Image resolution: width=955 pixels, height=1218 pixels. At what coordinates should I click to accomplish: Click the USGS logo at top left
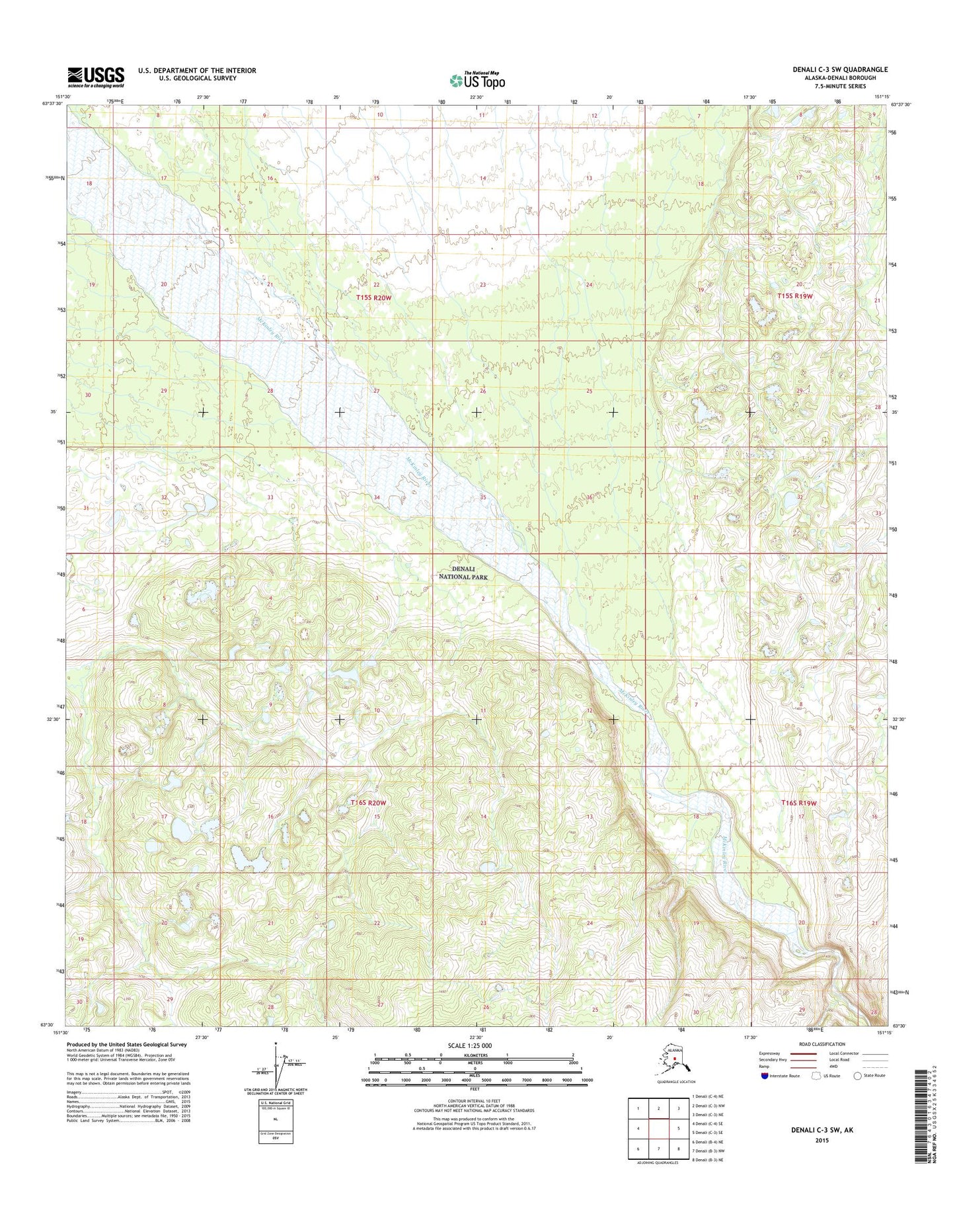coord(95,77)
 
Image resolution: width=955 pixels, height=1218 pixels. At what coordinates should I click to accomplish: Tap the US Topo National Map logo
coord(477,80)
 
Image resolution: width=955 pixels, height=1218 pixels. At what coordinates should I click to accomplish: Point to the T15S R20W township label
coord(373,298)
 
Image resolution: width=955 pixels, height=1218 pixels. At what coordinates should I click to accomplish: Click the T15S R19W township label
coord(794,296)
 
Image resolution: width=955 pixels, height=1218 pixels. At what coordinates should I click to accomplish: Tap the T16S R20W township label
coord(367,802)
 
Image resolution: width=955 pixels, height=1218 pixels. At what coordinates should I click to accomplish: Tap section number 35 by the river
coord(483,497)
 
